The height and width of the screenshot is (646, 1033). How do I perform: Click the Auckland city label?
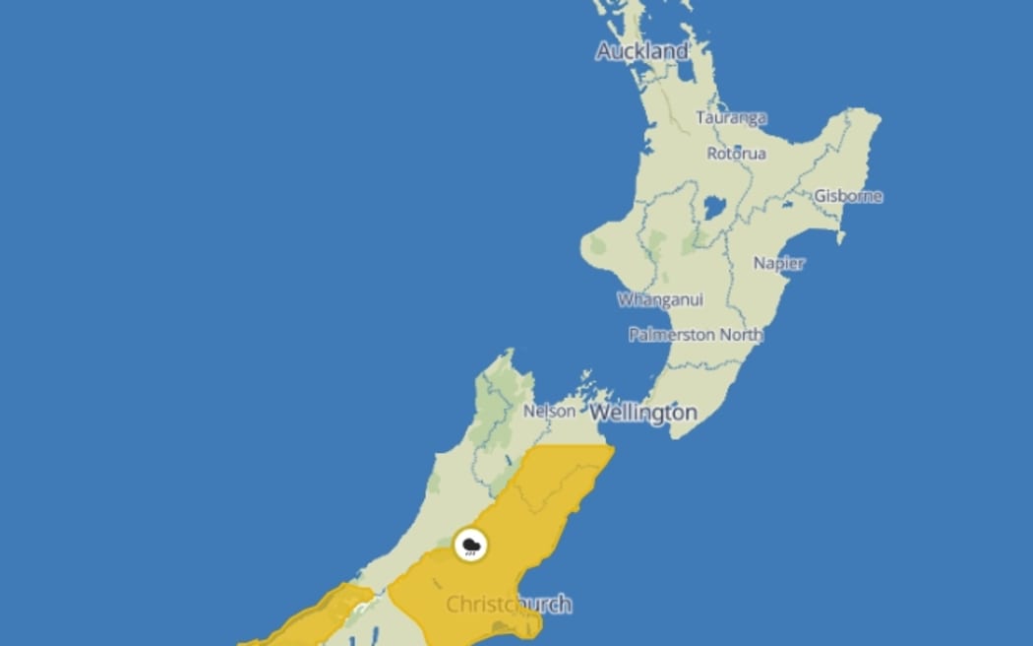click(x=642, y=51)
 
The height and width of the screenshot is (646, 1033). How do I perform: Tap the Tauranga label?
click(x=731, y=118)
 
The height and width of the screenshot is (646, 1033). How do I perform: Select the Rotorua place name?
click(x=736, y=154)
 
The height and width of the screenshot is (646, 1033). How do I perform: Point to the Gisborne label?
click(x=848, y=196)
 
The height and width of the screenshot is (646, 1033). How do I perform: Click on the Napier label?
click(x=778, y=263)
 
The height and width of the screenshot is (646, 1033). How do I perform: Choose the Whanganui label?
click(x=660, y=299)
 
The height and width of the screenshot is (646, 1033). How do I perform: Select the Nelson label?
click(x=549, y=411)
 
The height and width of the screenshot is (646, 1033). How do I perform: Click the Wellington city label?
click(x=643, y=413)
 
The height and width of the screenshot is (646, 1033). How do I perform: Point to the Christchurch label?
click(x=509, y=604)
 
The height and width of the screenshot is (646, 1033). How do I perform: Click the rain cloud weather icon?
click(x=471, y=545)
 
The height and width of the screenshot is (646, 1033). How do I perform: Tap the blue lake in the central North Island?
click(x=714, y=207)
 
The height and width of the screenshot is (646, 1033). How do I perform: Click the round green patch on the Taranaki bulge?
click(x=598, y=246)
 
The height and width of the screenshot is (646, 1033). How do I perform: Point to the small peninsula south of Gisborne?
click(x=840, y=233)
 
